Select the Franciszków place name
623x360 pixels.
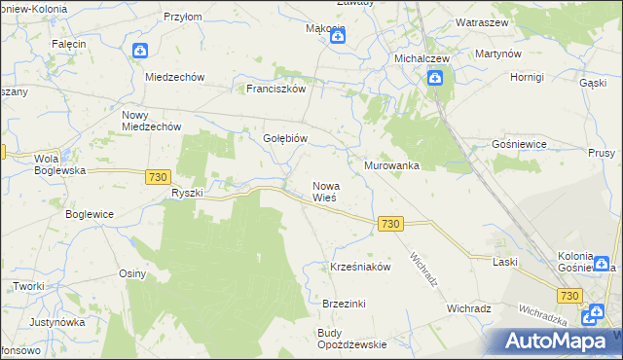pyautogui.click(x=276, y=88)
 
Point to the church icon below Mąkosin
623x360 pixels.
pyautogui.click(x=338, y=38)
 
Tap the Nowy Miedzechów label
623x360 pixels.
pyautogui.click(x=152, y=121)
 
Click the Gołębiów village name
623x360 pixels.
pyautogui.click(x=285, y=138)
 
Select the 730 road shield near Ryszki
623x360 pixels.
pyautogui.click(x=160, y=176)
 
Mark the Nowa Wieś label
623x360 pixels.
pyautogui.click(x=325, y=191)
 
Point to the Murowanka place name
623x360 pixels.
pyautogui.click(x=391, y=165)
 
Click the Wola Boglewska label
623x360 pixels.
pyautogui.click(x=59, y=163)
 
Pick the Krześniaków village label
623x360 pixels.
pyautogui.click(x=360, y=266)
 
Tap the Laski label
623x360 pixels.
pyautogui.click(x=504, y=263)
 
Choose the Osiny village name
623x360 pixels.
pyautogui.click(x=132, y=273)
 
